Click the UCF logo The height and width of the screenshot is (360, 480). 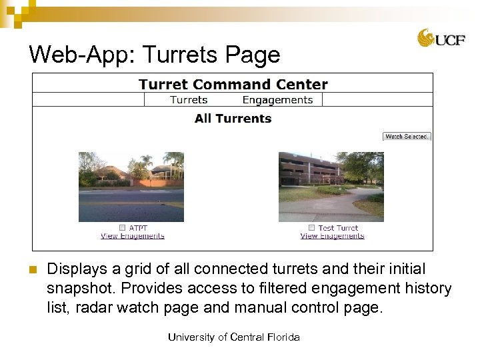[x=441, y=38]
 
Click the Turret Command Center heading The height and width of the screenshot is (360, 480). [x=233, y=85]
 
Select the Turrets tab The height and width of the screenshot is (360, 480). [x=189, y=100]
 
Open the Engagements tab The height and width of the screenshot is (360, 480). [x=277, y=100]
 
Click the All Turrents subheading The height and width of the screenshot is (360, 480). [x=233, y=119]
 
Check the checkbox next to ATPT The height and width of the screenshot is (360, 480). [x=122, y=228]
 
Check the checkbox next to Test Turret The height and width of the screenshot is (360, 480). [x=311, y=228]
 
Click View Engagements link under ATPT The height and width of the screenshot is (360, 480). [x=133, y=236]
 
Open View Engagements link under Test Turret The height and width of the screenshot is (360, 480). [x=332, y=236]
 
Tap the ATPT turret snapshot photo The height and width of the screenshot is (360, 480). [x=131, y=187]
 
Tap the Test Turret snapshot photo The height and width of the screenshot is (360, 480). [x=331, y=187]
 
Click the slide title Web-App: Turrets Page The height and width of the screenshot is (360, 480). [x=155, y=54]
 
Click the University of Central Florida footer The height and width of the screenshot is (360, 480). [x=234, y=337]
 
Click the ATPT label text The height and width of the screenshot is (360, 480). [x=139, y=228]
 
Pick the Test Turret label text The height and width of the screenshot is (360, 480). [x=338, y=228]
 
